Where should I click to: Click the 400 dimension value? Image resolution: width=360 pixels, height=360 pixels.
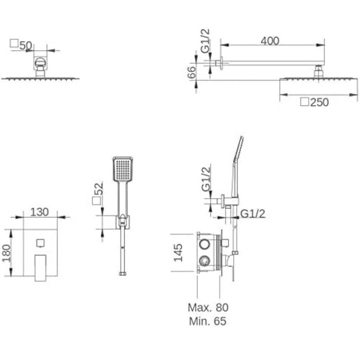coord(270,41)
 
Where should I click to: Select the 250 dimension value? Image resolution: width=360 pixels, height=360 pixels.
coord(319,102)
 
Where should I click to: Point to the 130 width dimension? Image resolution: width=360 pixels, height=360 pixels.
coord(40,212)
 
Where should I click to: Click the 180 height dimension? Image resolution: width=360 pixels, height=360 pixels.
coord(6,253)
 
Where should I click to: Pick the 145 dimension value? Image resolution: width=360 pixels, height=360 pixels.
coord(178,253)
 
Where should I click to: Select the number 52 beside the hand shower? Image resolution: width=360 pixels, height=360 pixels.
coord(99,189)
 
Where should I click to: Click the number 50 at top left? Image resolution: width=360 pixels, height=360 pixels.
coord(26,46)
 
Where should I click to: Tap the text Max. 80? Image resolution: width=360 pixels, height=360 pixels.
coord(208,307)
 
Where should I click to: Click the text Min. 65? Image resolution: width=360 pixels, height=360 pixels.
coord(208,321)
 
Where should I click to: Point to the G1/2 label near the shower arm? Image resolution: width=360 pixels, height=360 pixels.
coord(205,41)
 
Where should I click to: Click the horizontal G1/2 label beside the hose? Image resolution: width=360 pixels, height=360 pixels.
coord(253,214)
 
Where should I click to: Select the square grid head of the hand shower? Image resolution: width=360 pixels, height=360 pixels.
coord(123,169)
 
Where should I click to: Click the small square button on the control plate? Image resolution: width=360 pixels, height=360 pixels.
coord(40,243)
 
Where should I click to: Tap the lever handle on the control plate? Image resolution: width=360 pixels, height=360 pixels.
coord(40,268)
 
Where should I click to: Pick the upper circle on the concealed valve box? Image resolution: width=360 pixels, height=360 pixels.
coord(204,244)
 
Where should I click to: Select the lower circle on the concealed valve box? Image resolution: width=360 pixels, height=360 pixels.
coord(204,261)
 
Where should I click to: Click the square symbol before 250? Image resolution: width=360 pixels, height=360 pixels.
coord(305,102)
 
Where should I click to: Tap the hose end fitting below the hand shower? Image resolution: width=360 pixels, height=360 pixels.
coord(123,274)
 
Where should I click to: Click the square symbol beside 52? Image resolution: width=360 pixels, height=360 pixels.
coord(96,201)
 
